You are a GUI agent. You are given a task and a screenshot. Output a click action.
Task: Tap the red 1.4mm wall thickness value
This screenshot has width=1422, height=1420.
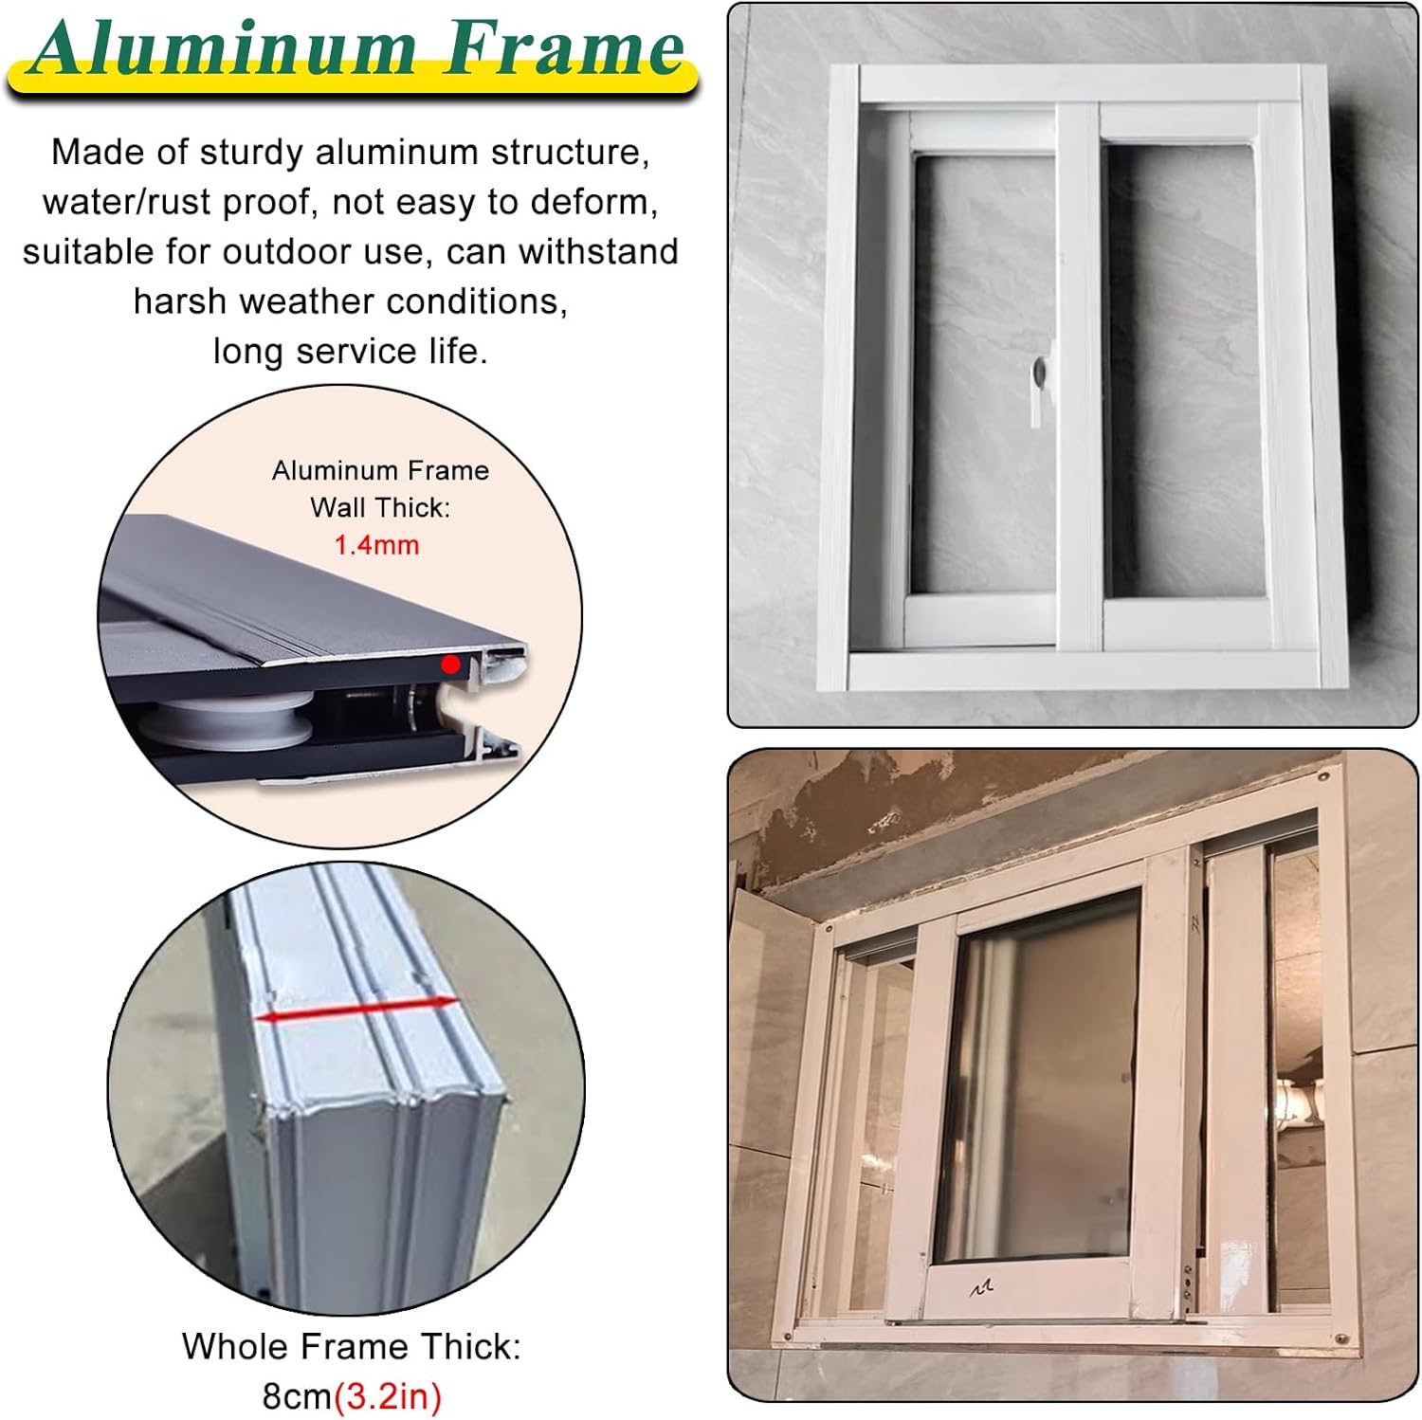point(376,545)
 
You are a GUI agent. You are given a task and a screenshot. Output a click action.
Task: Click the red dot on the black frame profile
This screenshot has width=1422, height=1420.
point(450,664)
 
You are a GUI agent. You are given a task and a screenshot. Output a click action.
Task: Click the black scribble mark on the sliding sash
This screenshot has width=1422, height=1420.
point(981,1287)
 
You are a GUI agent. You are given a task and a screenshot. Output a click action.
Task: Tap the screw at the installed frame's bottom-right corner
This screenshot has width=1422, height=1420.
point(1342,1338)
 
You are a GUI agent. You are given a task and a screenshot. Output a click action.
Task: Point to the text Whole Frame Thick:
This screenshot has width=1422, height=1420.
point(351,1346)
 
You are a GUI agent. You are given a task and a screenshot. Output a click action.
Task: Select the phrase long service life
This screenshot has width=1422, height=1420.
point(350,352)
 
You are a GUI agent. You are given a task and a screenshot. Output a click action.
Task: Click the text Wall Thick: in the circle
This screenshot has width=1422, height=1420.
point(380,508)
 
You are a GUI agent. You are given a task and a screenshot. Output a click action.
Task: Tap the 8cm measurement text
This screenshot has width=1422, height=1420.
point(296,1395)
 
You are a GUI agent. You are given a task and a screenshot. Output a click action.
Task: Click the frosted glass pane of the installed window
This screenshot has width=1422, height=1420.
point(1038,1081)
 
